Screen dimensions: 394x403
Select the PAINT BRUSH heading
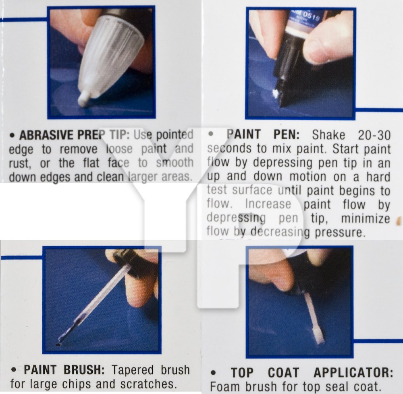tap(64, 370)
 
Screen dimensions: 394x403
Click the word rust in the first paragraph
tap(19, 163)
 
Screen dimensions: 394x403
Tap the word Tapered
tap(133, 370)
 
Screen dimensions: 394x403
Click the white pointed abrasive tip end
tap(84, 99)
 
